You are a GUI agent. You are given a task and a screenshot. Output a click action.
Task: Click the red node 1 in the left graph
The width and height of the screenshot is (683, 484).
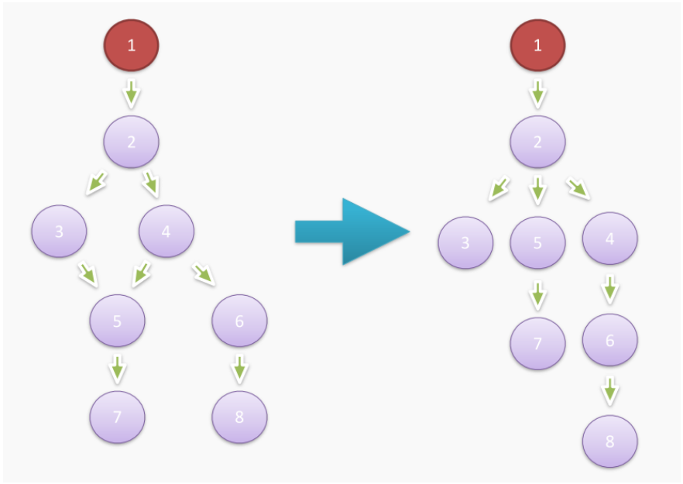click(132, 45)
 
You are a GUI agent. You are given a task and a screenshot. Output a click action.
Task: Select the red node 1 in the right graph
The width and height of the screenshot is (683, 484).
click(537, 45)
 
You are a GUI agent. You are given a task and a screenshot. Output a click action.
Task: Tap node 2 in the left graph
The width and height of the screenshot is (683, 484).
click(132, 141)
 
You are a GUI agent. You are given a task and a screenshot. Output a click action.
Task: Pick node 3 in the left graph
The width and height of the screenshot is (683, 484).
click(60, 231)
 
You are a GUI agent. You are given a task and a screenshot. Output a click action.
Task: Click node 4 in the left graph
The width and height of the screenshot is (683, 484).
click(166, 231)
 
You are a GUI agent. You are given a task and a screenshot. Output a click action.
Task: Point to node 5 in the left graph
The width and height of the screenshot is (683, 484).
click(117, 321)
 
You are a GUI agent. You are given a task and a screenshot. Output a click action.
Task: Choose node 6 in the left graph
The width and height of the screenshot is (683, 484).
click(239, 321)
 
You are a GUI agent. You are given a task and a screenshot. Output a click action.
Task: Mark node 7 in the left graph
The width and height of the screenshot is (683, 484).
click(117, 417)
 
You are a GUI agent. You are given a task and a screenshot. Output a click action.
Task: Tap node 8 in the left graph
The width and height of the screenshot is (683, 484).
click(239, 417)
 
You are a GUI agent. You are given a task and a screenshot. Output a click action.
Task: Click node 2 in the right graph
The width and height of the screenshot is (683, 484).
click(537, 142)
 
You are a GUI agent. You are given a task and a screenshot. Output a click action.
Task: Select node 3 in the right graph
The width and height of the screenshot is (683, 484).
click(465, 242)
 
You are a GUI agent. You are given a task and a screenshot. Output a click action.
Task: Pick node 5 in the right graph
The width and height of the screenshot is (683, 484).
click(537, 242)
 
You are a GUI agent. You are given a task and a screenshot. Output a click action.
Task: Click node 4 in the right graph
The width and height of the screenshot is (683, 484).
click(610, 239)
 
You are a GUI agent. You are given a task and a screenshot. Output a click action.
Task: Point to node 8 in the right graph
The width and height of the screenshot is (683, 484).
click(610, 441)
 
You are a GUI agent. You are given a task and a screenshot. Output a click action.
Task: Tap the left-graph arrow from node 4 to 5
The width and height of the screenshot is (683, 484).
click(142, 273)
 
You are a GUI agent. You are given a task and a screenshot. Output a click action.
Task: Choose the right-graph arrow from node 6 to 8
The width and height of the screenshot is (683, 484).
click(610, 390)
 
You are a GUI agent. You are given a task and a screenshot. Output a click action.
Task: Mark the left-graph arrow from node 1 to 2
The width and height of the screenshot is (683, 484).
click(132, 93)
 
